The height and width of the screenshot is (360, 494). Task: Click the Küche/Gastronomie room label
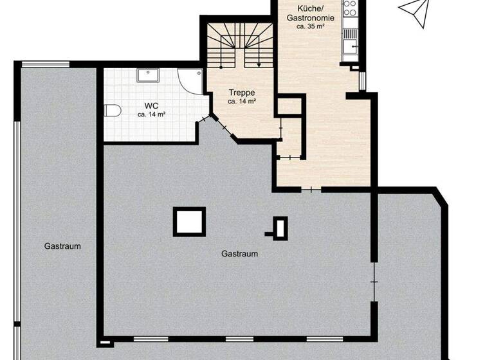click(310, 14)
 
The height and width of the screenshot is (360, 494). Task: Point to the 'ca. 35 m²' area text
click(310, 27)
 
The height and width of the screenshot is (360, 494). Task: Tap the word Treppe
click(242, 93)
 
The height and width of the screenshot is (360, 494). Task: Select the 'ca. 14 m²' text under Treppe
click(242, 102)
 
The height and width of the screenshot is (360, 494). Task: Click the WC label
click(151, 105)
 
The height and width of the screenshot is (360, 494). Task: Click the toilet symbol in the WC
click(113, 111)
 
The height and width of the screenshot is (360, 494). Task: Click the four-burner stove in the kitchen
click(350, 8)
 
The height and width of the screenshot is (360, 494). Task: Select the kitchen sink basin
click(351, 46)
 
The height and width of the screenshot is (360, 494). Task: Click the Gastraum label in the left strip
click(62, 246)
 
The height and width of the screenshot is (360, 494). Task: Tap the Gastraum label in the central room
click(239, 254)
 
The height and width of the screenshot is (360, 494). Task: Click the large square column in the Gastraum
click(189, 222)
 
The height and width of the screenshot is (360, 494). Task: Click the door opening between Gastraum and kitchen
click(312, 190)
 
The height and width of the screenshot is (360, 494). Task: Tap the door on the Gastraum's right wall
click(373, 281)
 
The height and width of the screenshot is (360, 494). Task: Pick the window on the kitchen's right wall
click(365, 81)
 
